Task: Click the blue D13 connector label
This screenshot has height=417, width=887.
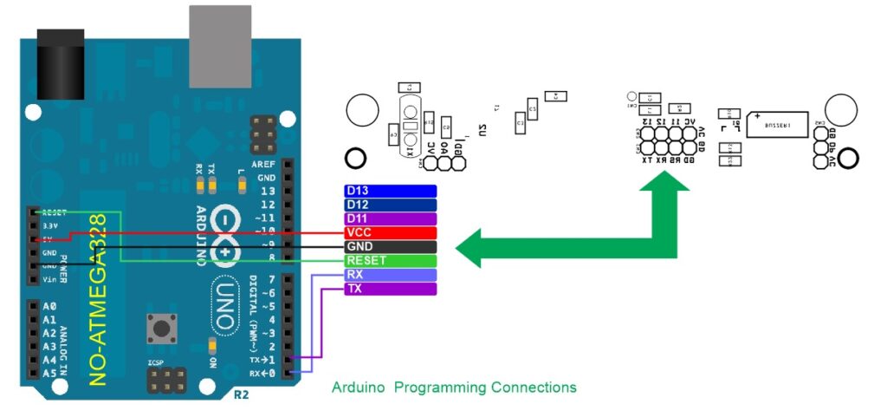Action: point(390,191)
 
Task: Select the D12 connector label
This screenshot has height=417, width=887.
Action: point(390,205)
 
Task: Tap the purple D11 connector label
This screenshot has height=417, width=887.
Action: point(390,218)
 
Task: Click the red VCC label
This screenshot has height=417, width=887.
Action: point(390,232)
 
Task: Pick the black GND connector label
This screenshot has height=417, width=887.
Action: point(390,246)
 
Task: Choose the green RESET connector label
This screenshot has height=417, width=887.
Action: point(390,260)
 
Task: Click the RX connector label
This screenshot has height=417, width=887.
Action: point(390,274)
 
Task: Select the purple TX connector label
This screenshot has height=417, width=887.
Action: point(390,288)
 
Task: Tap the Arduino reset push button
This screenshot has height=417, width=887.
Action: point(160,328)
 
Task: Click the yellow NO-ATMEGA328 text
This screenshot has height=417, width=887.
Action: point(100,299)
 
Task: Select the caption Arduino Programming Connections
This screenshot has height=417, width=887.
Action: point(454,387)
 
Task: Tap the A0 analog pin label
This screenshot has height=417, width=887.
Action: point(49,306)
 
